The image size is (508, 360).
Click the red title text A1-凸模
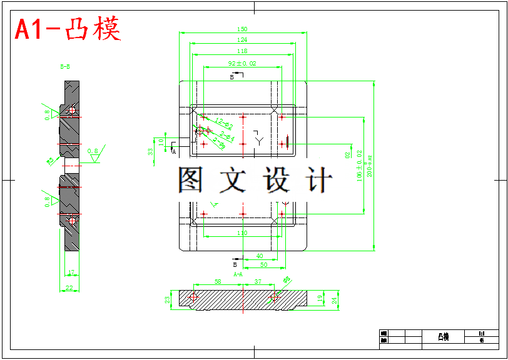coord(68,29)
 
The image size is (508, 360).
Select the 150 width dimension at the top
coord(242,29)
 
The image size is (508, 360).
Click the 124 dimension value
coord(242,40)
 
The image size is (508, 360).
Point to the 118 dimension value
coord(242,51)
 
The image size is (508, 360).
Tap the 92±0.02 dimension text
coord(242,64)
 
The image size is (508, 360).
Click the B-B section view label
coord(65,66)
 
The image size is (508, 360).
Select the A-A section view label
coord(238,274)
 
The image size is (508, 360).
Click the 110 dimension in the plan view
coord(242,233)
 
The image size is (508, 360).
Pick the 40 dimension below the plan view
coord(259,256)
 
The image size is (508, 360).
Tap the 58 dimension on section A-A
coord(218,282)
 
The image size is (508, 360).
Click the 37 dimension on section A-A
coord(258,282)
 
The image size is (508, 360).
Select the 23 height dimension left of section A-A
coord(168,300)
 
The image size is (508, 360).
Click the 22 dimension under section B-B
coord(69,288)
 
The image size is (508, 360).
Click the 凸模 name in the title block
coord(443,337)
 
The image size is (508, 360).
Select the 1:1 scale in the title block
coord(482,334)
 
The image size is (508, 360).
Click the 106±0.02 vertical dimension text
coord(359,165)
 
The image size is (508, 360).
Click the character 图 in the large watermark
coord(190,180)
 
